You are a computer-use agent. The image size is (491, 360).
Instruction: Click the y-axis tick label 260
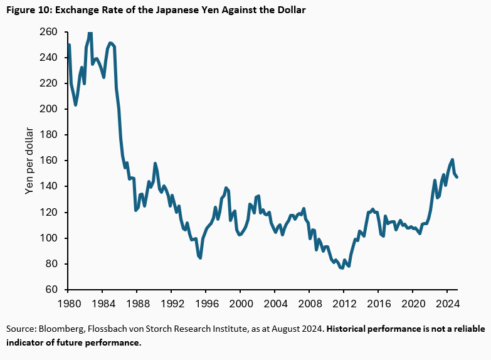(x=48, y=32)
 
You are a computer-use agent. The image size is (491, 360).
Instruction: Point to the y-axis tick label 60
(x=51, y=290)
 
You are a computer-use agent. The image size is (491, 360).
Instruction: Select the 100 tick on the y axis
(x=48, y=238)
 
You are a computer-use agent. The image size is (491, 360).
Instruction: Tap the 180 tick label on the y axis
(x=48, y=135)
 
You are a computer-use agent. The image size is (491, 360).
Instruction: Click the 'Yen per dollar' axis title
(x=29, y=161)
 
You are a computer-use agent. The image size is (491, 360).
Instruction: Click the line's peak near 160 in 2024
(x=451, y=160)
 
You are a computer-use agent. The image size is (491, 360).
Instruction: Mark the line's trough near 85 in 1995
(x=200, y=258)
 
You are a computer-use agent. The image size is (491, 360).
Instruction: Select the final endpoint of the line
(x=457, y=177)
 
